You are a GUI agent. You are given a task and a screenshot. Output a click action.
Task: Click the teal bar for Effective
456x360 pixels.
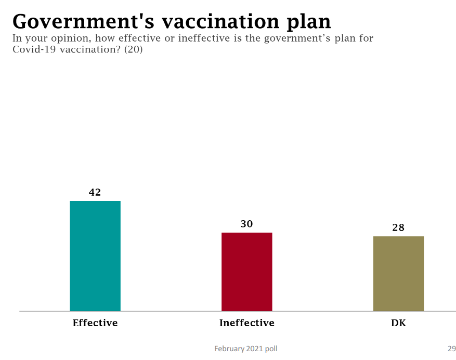pos(95,256)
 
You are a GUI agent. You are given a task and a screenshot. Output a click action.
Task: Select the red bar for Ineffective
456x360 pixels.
pos(247,272)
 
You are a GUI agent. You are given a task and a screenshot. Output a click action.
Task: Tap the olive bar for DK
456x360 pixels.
pos(398,274)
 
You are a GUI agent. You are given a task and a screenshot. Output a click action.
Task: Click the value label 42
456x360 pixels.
pos(95,192)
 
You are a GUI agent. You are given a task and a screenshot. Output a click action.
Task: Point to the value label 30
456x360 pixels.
pos(246,224)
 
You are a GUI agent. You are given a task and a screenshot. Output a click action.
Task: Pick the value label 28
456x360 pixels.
pos(398,228)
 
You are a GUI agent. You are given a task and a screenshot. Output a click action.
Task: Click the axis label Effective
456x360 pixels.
pos(95,323)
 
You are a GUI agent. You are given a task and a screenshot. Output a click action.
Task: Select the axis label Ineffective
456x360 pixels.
pos(247,323)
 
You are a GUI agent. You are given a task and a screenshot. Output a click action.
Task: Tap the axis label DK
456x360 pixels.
pos(398,323)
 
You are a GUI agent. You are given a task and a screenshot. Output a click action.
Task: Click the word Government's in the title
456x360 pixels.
pos(83,21)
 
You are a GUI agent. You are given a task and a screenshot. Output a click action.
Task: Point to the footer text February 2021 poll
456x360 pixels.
pos(246,349)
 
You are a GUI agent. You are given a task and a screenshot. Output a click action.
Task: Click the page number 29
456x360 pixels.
pos(451,349)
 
